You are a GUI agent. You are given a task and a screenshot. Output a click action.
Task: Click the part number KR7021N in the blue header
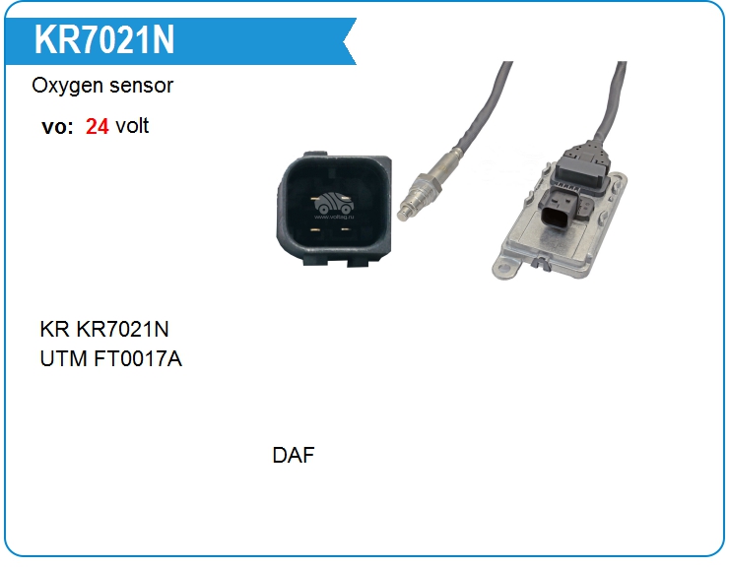click(104, 40)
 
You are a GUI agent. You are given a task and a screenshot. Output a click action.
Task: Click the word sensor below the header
click(144, 86)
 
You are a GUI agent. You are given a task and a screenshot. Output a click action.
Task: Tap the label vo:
click(57, 126)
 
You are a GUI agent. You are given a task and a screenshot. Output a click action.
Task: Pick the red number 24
click(97, 126)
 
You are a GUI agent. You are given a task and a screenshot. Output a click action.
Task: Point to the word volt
click(132, 126)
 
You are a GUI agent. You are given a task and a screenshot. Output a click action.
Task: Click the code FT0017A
click(139, 359)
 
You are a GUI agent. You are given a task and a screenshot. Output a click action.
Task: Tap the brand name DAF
click(294, 456)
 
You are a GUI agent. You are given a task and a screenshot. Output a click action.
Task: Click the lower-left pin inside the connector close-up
click(315, 230)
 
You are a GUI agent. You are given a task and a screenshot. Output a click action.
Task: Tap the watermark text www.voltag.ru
click(334, 220)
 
